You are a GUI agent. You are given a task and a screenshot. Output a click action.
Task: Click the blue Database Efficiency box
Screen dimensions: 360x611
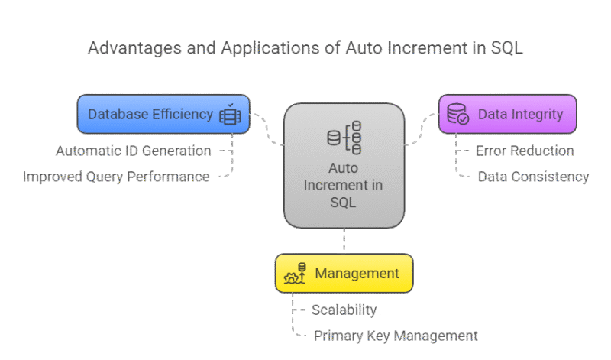point(163,114)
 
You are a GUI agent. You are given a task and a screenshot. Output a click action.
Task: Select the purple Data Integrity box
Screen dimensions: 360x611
point(507,114)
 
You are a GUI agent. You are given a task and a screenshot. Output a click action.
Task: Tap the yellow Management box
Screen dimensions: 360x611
point(344,273)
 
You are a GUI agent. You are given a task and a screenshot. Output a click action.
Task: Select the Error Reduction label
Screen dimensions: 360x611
point(525,151)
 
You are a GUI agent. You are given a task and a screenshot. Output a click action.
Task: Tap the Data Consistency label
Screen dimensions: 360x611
point(533,177)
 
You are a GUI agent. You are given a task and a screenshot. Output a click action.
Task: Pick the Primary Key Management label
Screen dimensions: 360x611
point(395,336)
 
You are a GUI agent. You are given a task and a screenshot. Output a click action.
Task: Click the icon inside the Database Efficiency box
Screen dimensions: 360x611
point(230,115)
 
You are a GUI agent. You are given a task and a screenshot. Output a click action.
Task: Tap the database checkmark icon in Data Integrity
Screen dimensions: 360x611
point(458,115)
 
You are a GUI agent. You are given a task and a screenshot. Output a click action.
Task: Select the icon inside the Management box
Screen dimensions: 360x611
point(295,273)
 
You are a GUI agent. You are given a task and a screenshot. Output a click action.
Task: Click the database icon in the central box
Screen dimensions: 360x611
point(344,138)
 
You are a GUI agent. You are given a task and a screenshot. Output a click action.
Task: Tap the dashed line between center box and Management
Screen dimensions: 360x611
point(344,241)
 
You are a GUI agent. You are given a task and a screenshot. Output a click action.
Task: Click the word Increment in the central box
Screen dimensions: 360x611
point(344,186)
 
